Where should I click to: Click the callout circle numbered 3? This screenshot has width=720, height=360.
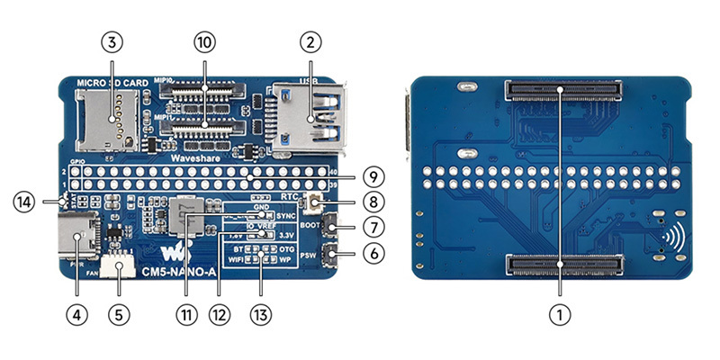111,41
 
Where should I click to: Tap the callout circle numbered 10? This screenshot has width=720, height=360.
205,41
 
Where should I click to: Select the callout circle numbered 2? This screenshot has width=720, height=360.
310,41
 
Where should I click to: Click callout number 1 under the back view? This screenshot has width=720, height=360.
562,314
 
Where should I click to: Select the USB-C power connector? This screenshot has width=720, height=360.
76,238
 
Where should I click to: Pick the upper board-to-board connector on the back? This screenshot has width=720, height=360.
562,90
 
